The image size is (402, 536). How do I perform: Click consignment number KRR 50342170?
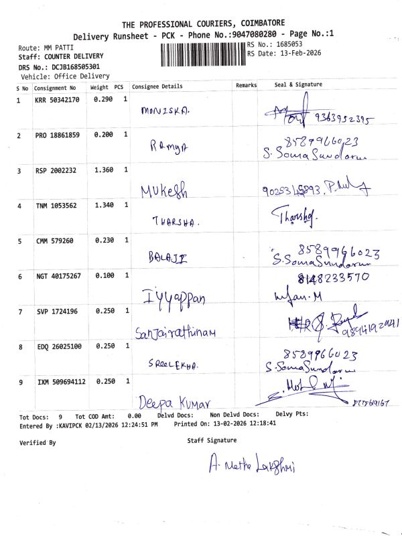coord(57,100)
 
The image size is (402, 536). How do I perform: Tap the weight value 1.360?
coord(103,170)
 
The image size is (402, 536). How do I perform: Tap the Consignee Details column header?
coord(157,86)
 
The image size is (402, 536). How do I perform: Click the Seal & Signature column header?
coord(298,85)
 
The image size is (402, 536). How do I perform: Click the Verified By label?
coord(38,443)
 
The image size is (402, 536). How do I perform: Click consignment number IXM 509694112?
coord(61,382)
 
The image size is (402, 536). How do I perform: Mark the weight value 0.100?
coord(103,275)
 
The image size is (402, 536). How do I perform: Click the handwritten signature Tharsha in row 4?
coord(294,216)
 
